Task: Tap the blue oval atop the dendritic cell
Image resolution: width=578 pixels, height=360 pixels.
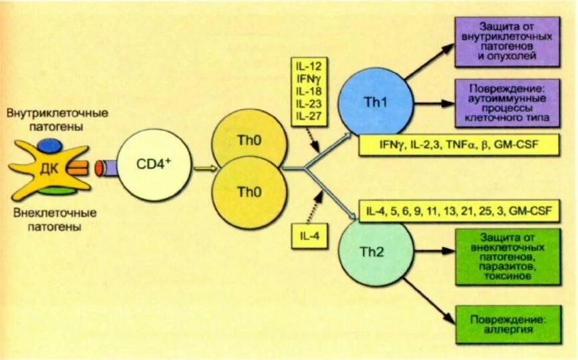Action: tap(50, 144)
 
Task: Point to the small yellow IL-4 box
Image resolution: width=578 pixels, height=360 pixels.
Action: tap(309, 236)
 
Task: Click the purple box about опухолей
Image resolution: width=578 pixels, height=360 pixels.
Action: tap(508, 42)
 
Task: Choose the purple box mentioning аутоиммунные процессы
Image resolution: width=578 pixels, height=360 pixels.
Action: tap(508, 103)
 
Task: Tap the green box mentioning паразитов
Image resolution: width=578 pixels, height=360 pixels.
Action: tap(508, 257)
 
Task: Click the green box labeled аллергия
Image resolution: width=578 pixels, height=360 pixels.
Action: tap(508, 324)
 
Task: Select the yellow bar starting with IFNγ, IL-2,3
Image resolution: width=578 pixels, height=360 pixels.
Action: tap(459, 145)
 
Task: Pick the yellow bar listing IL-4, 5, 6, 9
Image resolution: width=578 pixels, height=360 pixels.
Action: tap(459, 212)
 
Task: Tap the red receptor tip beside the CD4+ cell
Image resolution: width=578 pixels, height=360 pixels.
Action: tap(100, 168)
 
